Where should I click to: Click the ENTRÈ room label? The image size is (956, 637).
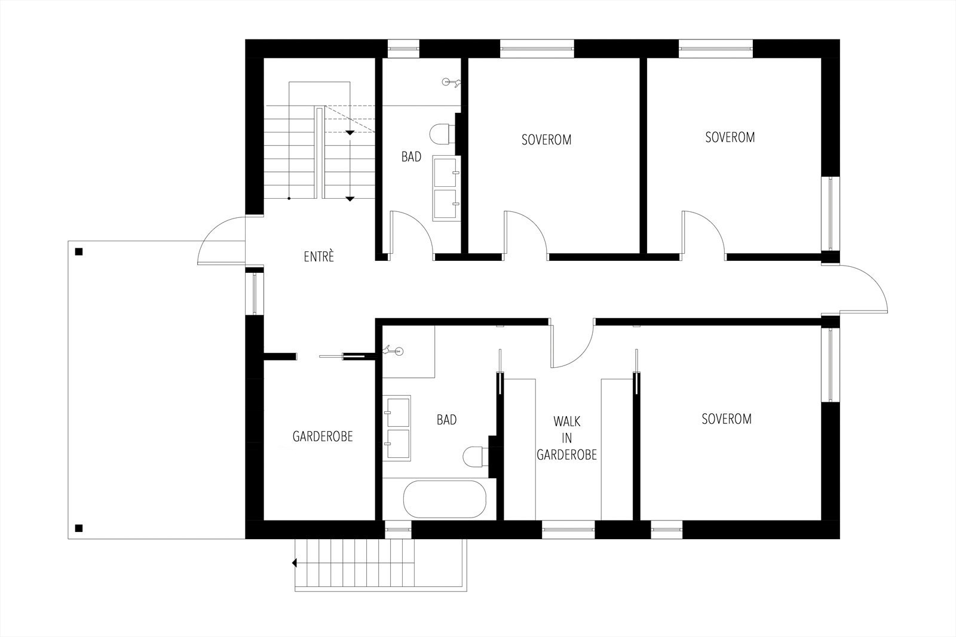pyautogui.click(x=318, y=257)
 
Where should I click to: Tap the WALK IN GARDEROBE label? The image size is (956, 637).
pyautogui.click(x=566, y=438)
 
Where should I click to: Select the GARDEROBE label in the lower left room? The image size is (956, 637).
pyautogui.click(x=323, y=436)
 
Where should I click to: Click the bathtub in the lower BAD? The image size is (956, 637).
pyautogui.click(x=444, y=500)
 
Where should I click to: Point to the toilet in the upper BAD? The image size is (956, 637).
pyautogui.click(x=441, y=134)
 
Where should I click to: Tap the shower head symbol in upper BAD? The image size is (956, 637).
pyautogui.click(x=451, y=83)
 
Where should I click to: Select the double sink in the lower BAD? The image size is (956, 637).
pyautogui.click(x=397, y=427)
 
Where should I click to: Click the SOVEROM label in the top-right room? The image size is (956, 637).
pyautogui.click(x=730, y=137)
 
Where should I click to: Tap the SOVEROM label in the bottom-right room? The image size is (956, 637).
pyautogui.click(x=726, y=419)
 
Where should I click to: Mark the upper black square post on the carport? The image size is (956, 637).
pyautogui.click(x=78, y=251)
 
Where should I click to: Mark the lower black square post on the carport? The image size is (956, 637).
pyautogui.click(x=78, y=528)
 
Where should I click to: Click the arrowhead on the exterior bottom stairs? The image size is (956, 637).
pyautogui.click(x=295, y=562)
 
